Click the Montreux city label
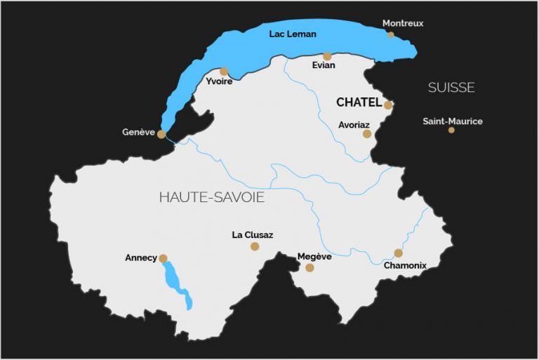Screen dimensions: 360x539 (403, 23)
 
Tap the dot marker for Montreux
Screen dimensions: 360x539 (391, 34)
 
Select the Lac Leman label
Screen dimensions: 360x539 (293, 34)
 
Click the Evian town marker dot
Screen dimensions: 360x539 (327, 56)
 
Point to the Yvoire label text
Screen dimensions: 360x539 (220, 82)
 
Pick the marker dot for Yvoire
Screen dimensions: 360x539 (224, 71)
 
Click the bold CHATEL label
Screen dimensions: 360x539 (359, 102)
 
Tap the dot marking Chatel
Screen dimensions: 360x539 (388, 105)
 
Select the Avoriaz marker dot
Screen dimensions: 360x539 (367, 133)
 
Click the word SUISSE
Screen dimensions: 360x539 (451, 88)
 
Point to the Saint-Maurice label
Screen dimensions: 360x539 (453, 121)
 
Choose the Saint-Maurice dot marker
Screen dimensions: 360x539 (451, 130)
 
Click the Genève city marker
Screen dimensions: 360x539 (161, 134)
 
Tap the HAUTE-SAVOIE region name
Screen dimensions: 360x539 (211, 197)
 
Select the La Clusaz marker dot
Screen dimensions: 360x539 (255, 246)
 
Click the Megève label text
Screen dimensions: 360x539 (314, 257)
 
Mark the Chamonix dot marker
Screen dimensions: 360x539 (398, 253)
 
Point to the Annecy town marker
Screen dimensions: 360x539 (163, 258)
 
